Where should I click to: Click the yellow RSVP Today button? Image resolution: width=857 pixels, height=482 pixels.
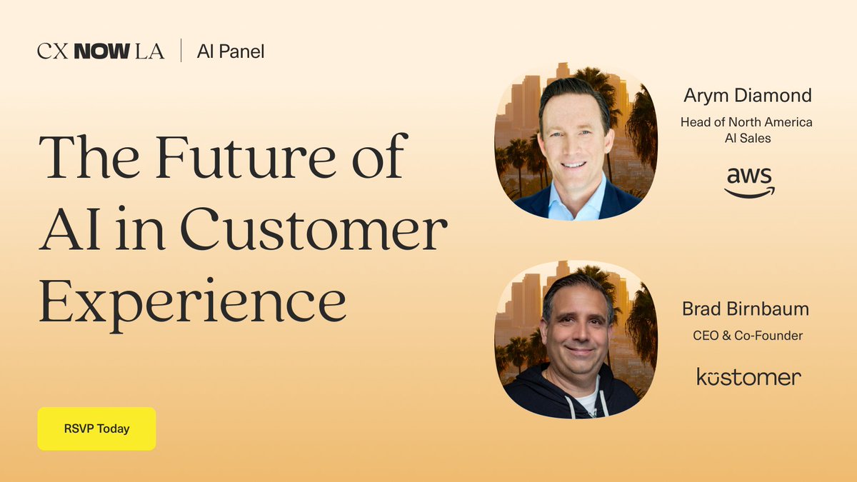tap(96, 429)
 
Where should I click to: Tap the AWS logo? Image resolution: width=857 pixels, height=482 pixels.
tap(749, 181)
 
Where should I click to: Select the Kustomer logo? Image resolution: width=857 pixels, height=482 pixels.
tap(748, 376)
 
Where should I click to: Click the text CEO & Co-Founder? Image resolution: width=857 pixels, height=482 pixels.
tap(748, 335)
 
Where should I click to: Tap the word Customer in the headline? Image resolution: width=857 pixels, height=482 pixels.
tap(314, 228)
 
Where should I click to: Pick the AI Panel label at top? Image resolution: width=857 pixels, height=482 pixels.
tap(231, 51)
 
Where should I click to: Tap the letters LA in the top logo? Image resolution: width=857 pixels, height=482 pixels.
tap(148, 51)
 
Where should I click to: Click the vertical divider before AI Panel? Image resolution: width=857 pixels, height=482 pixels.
tap(181, 51)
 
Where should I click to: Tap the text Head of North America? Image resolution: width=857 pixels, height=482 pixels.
tap(746, 122)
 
